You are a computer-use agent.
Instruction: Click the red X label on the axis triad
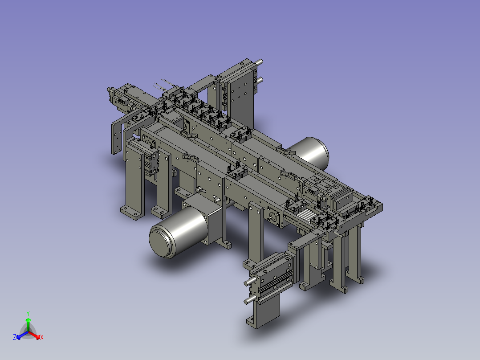tap(42, 337)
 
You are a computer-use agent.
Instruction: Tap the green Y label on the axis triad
tap(28, 313)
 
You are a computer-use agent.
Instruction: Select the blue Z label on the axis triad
tap(14, 337)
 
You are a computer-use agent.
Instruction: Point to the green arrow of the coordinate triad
tap(28, 324)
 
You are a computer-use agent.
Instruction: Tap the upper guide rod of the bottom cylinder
tap(250, 282)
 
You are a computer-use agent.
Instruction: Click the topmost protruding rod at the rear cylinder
tap(258, 62)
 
